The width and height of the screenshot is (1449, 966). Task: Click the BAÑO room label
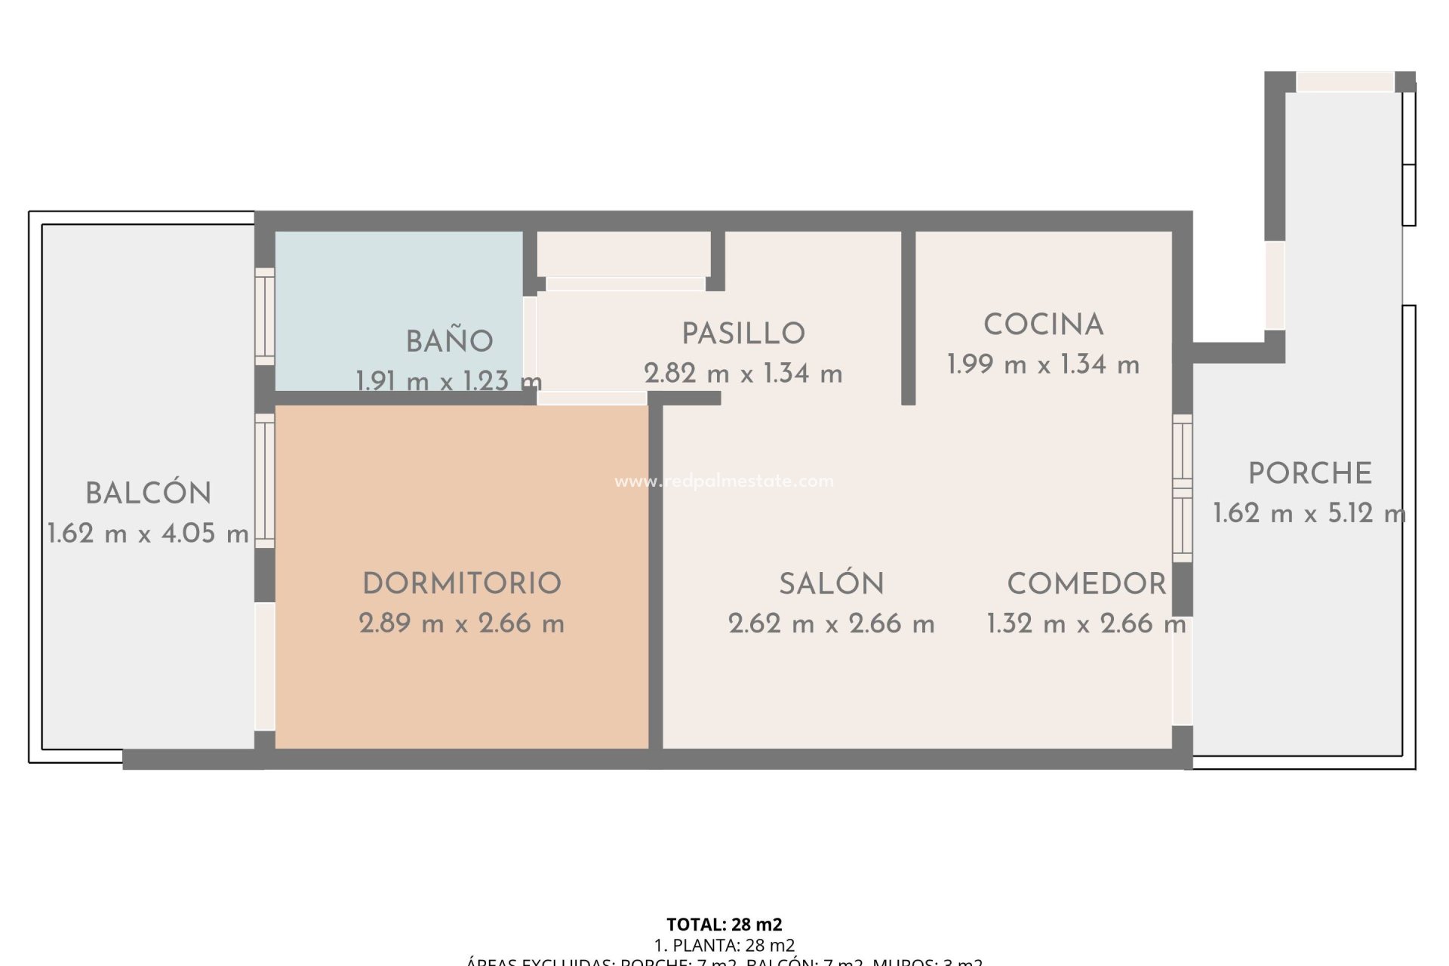pos(450,342)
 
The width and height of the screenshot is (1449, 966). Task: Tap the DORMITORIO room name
pos(462,583)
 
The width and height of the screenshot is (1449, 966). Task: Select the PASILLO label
pos(743,334)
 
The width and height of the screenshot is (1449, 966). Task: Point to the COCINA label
pos(1044,325)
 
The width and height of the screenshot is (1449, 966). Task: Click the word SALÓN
pos(831,583)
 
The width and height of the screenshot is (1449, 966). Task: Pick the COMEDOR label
pos(1087,583)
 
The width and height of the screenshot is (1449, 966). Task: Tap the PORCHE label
pos(1309,474)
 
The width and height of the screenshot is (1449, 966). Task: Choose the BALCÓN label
pos(149,494)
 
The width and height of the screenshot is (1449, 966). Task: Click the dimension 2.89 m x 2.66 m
pos(462,623)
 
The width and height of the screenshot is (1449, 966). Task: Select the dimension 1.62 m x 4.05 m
pos(149,534)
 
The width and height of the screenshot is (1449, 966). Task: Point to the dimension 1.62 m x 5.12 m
pos(1309,514)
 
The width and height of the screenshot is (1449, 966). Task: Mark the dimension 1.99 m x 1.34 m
pos(1044,365)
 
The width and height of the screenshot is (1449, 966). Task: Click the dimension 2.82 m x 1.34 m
pos(743,374)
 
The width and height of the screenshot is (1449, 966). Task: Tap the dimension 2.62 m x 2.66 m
pos(831,624)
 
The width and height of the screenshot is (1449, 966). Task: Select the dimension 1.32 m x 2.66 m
pos(1087,624)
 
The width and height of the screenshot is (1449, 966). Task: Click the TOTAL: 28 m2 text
pos(724,924)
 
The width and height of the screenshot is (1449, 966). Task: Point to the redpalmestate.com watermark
pos(724,481)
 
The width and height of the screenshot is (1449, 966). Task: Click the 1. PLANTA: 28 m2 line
pos(724,945)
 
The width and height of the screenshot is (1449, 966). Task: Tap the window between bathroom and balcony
pos(264,316)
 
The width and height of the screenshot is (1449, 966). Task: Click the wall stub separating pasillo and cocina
pos(909,317)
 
